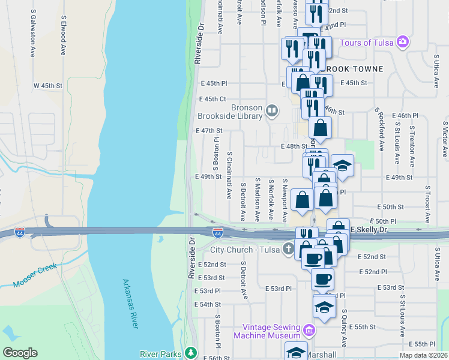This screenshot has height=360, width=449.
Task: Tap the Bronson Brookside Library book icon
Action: [x=272, y=110]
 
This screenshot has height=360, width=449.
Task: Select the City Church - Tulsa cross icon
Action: [x=288, y=249]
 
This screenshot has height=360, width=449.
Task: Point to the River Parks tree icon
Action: [x=191, y=353]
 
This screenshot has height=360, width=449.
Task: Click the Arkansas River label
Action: [x=130, y=303]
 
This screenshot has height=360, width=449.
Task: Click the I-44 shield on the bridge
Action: [x=218, y=232]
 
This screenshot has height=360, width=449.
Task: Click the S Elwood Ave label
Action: [x=62, y=39]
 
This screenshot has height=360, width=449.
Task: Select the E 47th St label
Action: [x=209, y=130]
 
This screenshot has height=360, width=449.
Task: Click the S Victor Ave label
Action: [x=444, y=139]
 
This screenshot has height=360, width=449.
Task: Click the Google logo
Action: [x=20, y=353]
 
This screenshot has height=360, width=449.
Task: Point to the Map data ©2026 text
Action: [x=423, y=355]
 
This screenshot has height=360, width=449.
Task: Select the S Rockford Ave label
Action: [x=381, y=130]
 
